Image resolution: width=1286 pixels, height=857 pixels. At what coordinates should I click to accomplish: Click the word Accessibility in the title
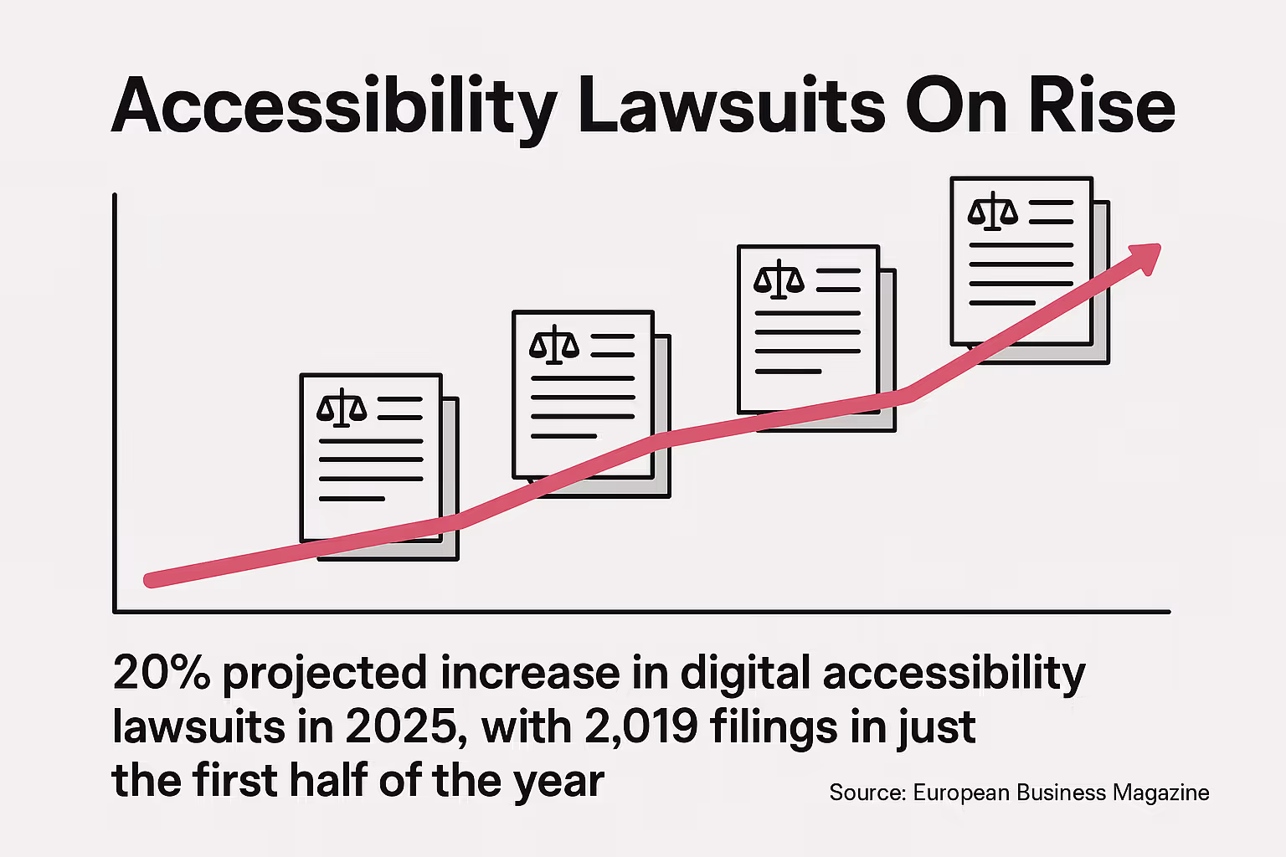[333, 107]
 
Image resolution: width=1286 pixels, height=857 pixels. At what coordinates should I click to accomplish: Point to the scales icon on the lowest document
[342, 408]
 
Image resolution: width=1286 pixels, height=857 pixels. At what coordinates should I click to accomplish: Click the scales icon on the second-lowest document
[554, 345]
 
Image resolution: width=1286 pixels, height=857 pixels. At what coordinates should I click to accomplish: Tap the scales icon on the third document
[779, 280]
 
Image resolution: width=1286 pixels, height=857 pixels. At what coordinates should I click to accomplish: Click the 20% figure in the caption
[161, 673]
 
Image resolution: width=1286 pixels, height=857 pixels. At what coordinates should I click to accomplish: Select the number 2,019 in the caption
[641, 726]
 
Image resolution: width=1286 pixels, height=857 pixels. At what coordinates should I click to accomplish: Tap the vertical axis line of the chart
[115, 402]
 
